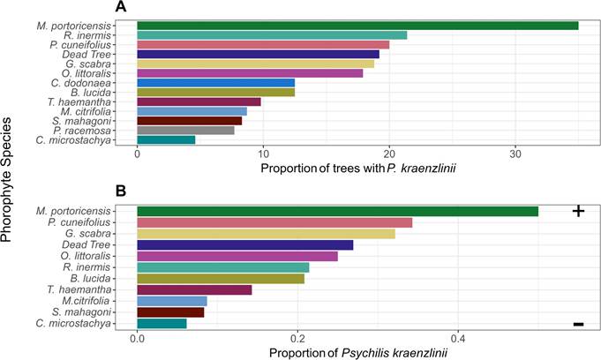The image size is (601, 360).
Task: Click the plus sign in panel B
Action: pyautogui.click(x=578, y=211)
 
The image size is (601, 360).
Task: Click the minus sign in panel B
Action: pyautogui.click(x=578, y=324)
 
